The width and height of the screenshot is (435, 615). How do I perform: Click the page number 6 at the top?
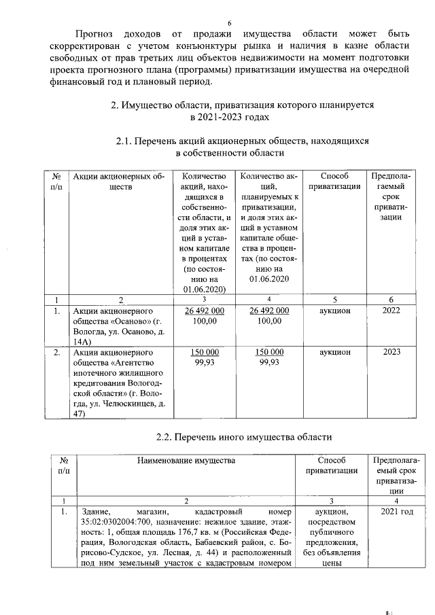[229, 23]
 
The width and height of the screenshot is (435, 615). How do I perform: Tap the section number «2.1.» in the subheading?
[126, 141]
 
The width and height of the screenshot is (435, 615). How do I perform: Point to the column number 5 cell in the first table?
[334, 300]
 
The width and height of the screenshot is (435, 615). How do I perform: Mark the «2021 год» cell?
[397, 511]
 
